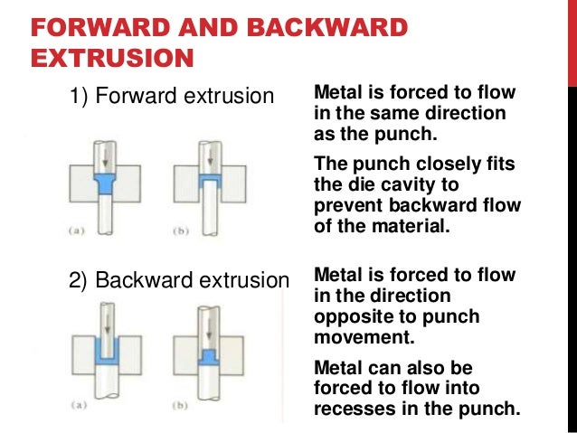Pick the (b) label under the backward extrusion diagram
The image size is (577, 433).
pos(182,406)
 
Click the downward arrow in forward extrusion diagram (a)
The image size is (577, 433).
pos(106,154)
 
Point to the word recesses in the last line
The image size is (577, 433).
pos(355,407)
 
